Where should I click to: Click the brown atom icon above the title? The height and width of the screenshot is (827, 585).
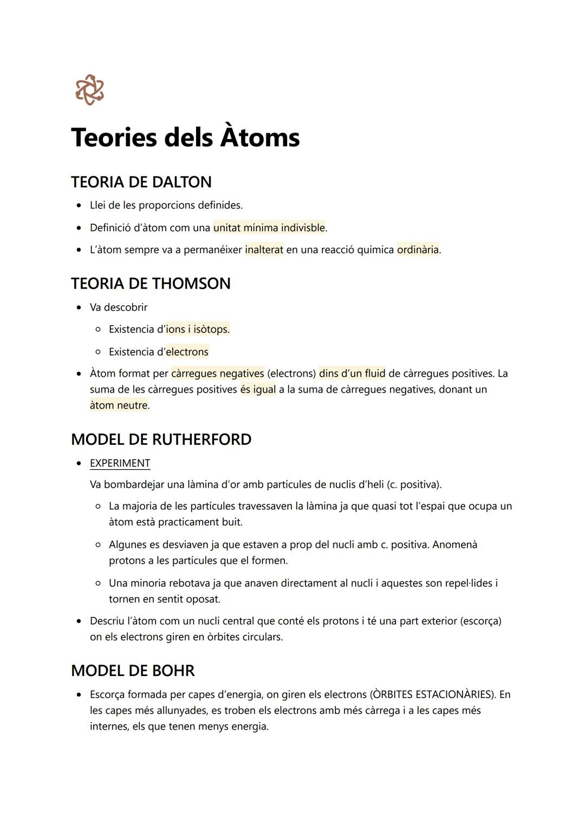89,90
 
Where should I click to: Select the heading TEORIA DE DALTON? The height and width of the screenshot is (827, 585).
141,182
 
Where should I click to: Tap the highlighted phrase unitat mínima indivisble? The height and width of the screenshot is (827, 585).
269,228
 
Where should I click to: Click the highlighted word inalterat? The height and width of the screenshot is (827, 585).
264,250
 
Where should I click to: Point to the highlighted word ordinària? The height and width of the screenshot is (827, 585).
418,250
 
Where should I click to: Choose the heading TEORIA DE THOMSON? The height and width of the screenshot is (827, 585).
151,284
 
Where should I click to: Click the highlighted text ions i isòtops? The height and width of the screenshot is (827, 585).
198,330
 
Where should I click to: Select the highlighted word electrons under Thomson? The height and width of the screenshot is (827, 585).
187,352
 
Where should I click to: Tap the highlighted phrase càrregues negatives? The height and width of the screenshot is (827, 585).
217,374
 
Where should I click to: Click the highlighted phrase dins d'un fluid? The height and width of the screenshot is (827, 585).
352,374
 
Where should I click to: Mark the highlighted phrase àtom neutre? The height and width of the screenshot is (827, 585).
119,405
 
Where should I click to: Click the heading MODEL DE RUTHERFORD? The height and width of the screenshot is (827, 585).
161,439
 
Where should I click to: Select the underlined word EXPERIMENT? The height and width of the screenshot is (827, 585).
120,463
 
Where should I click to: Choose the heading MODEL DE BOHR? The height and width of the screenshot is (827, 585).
133,671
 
